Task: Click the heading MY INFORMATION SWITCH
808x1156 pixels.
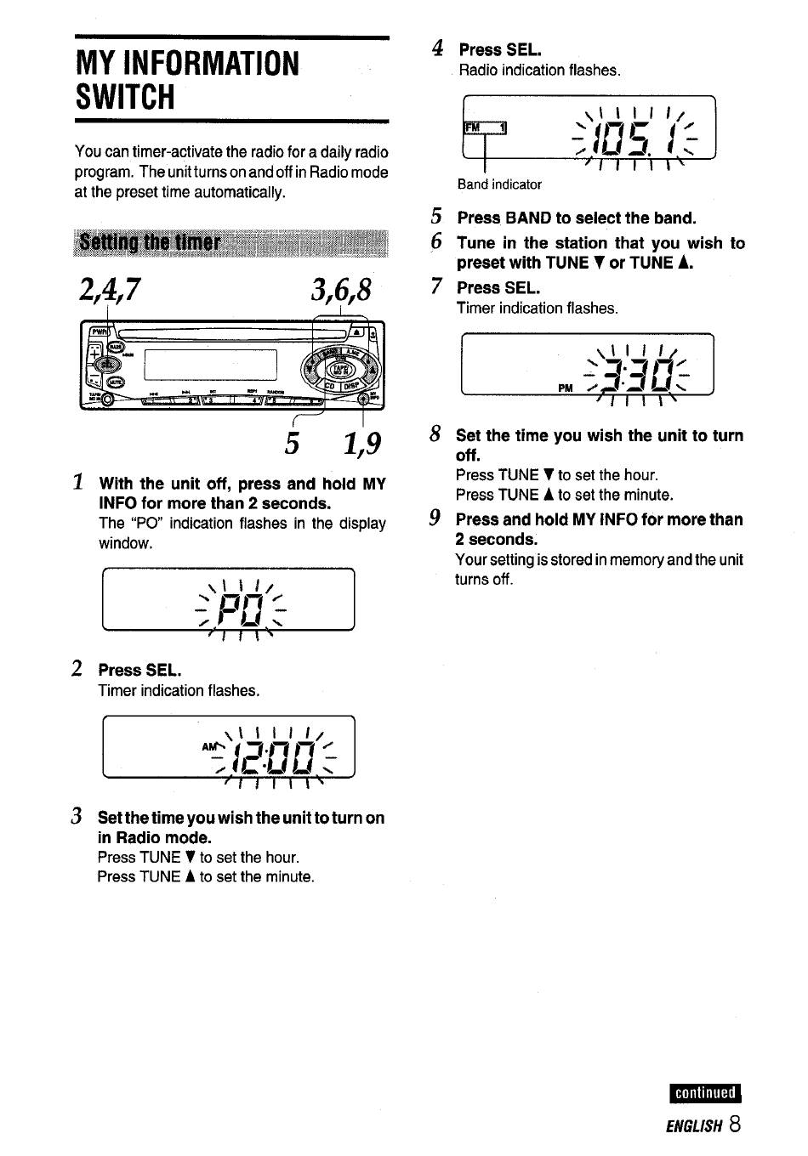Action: pyautogui.click(x=187, y=80)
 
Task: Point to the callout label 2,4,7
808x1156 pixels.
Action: pyautogui.click(x=108, y=292)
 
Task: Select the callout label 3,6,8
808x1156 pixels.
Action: pyautogui.click(x=341, y=292)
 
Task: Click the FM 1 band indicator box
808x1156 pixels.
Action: pyautogui.click(x=484, y=128)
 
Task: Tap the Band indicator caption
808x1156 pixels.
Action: pyautogui.click(x=499, y=184)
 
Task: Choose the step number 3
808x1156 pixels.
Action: pyautogui.click(x=77, y=817)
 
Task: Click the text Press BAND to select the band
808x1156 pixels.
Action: pyautogui.click(x=576, y=218)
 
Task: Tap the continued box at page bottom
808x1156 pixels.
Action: pyautogui.click(x=706, y=1093)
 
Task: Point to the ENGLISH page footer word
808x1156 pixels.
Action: pyautogui.click(x=693, y=1126)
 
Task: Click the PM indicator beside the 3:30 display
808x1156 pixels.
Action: pyautogui.click(x=566, y=388)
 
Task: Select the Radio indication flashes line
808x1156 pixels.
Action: pyautogui.click(x=539, y=71)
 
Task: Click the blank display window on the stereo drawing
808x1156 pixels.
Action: pyautogui.click(x=211, y=364)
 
